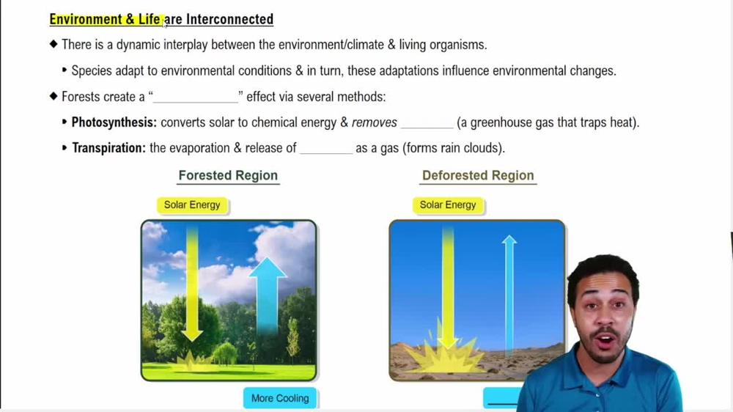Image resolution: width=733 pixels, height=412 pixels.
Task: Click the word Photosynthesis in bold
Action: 114,122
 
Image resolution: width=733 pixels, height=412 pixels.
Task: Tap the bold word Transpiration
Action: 108,148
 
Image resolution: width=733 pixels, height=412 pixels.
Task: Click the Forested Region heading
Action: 228,176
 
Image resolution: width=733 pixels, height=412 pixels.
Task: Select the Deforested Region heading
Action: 478,176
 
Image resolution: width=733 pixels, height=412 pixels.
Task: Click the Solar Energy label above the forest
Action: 192,205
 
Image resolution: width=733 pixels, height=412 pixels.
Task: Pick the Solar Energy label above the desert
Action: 448,205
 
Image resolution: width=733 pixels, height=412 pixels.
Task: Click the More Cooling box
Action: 280,398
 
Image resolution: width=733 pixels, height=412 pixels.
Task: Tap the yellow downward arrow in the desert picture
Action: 447,286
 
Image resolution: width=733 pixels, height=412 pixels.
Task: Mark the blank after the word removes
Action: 427,124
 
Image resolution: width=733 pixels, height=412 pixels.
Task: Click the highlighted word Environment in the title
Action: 85,19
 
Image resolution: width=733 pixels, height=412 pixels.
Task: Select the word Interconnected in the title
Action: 229,19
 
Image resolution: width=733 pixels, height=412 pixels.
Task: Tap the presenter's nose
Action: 608,320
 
